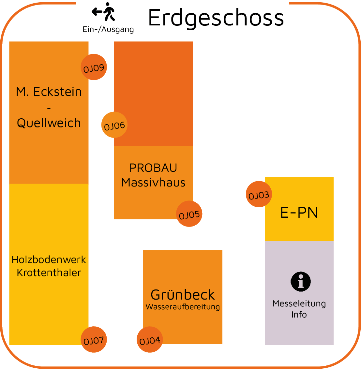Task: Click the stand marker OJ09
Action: click(x=94, y=67)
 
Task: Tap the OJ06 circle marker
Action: click(x=114, y=125)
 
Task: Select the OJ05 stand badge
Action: click(x=189, y=214)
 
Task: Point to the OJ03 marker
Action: click(x=259, y=194)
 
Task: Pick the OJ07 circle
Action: click(x=94, y=340)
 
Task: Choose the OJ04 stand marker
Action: click(x=150, y=340)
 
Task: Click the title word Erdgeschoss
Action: click(x=216, y=18)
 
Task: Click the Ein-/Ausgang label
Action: click(x=108, y=29)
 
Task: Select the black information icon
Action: click(x=301, y=281)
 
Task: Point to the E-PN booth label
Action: click(x=299, y=213)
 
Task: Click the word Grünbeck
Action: click(x=183, y=295)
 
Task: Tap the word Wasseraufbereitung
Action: click(x=183, y=307)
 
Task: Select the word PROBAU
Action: click(x=153, y=168)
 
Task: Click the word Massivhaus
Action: click(x=153, y=183)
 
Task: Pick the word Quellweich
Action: click(x=49, y=123)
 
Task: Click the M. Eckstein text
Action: click(x=49, y=92)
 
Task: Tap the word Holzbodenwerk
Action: click(x=49, y=260)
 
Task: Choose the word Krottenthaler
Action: click(x=49, y=273)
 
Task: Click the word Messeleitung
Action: click(x=299, y=303)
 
